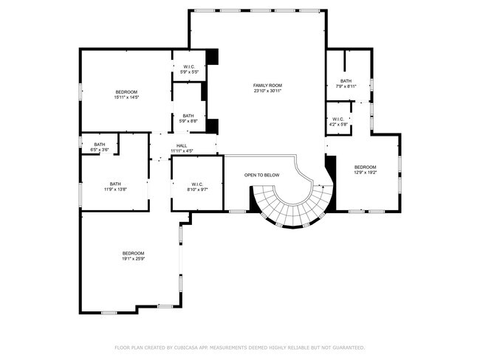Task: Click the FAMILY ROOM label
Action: [x=267, y=86]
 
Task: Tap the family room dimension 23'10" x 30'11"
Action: [x=267, y=91]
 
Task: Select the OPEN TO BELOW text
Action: [x=261, y=175]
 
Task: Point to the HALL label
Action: [x=182, y=145]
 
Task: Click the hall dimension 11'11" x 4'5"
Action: [x=182, y=151]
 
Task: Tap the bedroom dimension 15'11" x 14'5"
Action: [x=126, y=97]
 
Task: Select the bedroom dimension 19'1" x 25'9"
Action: [x=133, y=259]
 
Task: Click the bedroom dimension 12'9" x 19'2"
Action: [x=366, y=173]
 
